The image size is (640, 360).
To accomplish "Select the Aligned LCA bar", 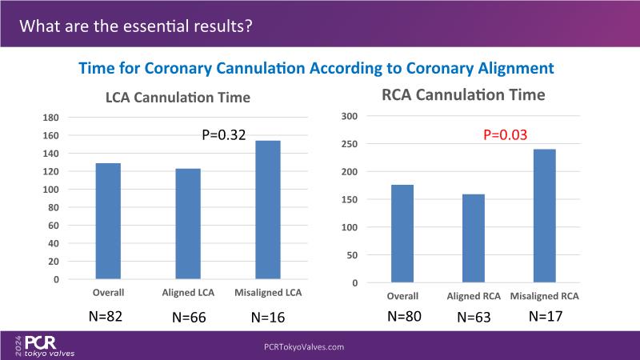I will tap(188, 224).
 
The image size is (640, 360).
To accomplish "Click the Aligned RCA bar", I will tap(473, 238).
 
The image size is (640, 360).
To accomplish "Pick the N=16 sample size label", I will tap(269, 317).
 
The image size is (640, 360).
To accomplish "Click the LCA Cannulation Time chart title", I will tap(178, 98).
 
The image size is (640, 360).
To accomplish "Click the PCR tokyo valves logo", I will tap(43, 346).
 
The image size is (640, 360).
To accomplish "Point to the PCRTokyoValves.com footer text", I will tap(303, 347).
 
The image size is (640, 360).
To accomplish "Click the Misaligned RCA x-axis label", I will tap(544, 296).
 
